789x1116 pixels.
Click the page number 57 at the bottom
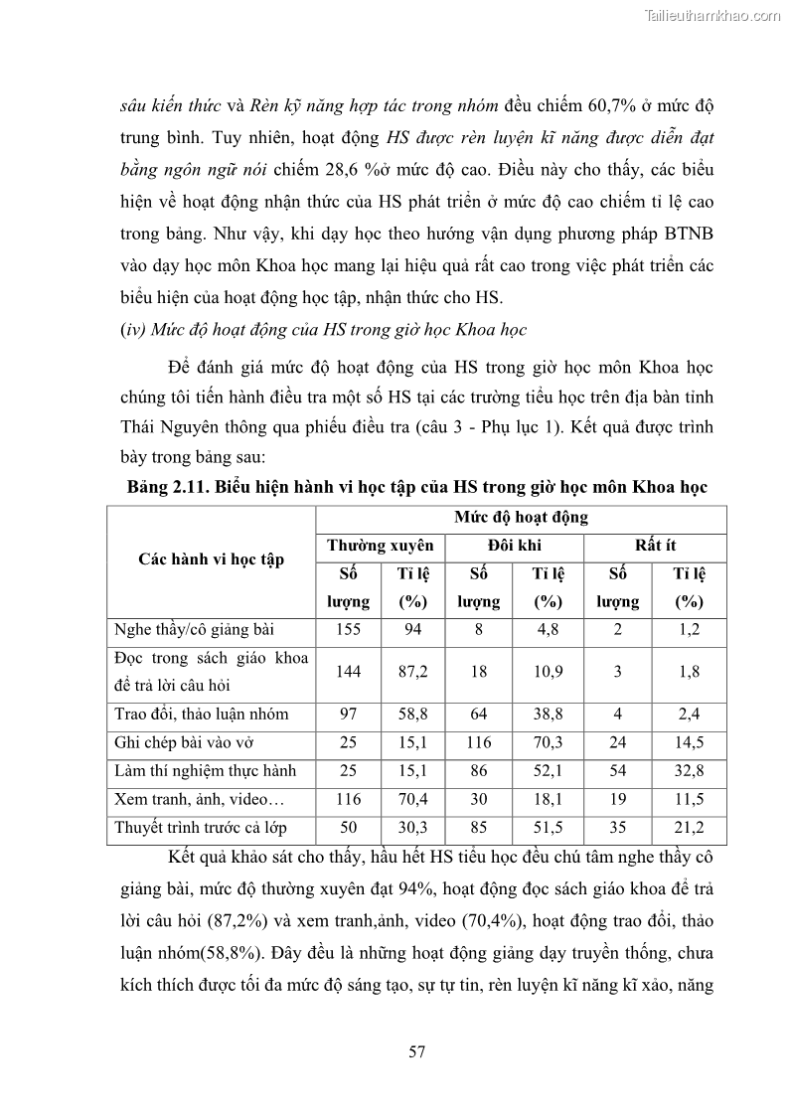[416, 1052]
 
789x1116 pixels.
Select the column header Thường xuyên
[381, 546]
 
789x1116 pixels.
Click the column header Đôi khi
[514, 546]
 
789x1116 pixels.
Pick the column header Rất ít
[655, 546]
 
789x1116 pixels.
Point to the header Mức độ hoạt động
[521, 518]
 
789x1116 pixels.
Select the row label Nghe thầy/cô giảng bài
[195, 630]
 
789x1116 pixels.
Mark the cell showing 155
[348, 630]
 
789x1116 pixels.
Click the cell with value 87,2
[412, 672]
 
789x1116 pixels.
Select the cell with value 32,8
[689, 769]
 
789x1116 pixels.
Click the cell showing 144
[348, 672]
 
